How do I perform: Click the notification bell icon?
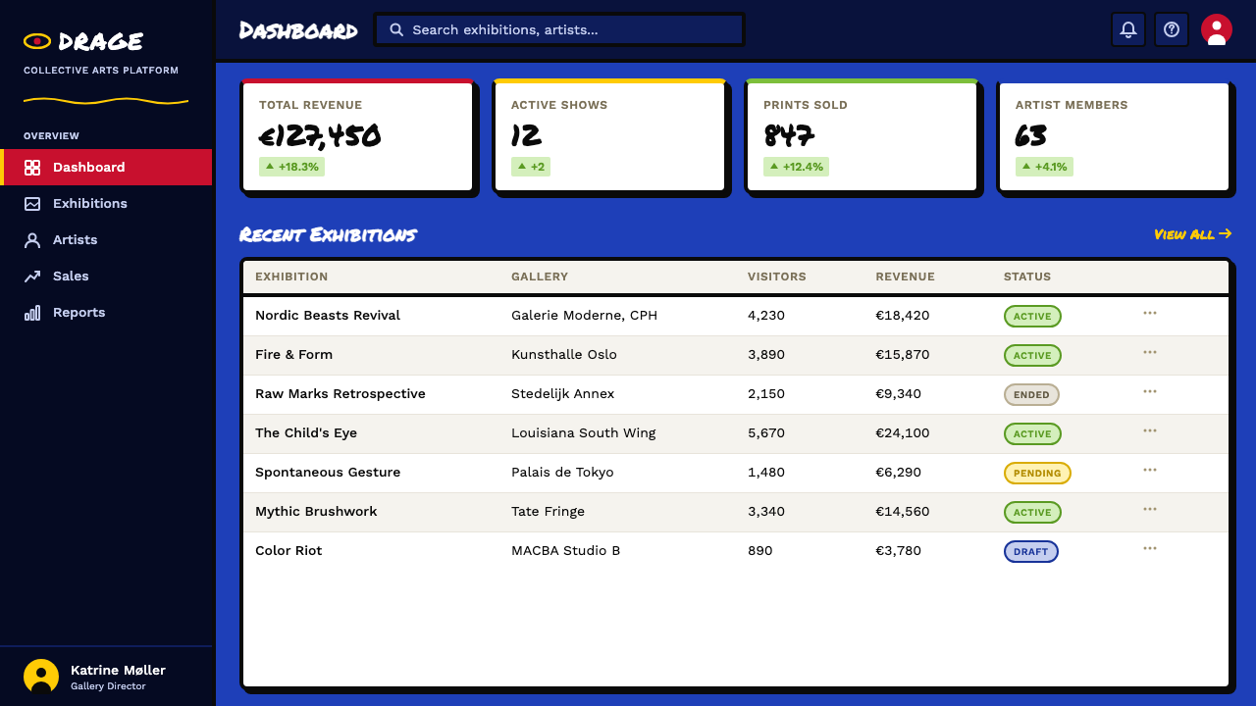1128,29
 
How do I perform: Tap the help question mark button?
1172,29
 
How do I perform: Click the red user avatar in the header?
1216,29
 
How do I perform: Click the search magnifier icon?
396,29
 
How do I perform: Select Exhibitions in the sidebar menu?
89,203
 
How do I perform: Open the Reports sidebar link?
78,312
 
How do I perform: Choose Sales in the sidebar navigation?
71,276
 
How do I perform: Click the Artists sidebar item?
75,240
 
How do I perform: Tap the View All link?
1192,234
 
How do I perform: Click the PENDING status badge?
1037,473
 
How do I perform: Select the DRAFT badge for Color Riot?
1030,551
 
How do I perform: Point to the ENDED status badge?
1031,394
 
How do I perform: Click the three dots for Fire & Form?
1149,352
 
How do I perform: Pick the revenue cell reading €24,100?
902,433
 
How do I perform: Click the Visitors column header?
776,277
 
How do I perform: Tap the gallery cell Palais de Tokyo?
562,473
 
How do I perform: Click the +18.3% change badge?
291,167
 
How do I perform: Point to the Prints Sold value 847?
789,135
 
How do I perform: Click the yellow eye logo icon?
37,41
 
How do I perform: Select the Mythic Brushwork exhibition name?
316,512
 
